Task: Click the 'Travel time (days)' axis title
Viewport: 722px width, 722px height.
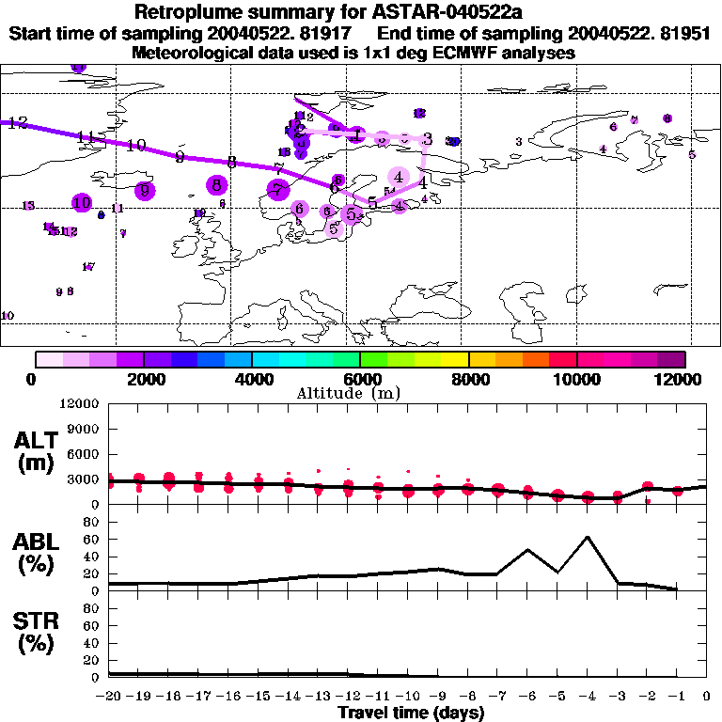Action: tap(411, 714)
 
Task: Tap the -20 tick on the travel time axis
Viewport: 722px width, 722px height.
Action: tap(110, 697)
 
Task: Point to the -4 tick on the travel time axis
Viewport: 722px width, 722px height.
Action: tap(587, 697)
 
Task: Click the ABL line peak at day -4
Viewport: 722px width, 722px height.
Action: tap(588, 537)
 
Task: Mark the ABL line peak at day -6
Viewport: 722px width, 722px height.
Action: tap(527, 550)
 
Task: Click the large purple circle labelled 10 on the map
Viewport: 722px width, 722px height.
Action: tap(82, 202)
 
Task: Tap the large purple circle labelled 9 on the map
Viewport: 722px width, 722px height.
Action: tap(144, 190)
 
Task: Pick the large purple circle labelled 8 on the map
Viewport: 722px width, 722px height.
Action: tap(217, 185)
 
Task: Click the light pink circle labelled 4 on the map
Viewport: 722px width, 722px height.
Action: tap(400, 177)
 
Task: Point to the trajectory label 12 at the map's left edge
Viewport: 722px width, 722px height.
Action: tap(17, 123)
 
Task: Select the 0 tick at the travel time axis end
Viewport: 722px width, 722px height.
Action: tap(706, 697)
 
